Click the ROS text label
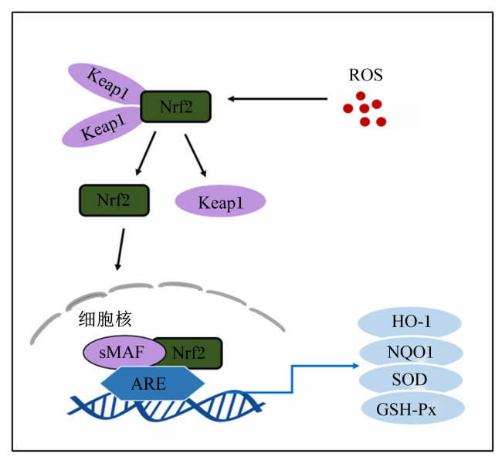[x=365, y=75]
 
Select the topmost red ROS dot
[x=361, y=96]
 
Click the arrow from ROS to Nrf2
[x=277, y=99]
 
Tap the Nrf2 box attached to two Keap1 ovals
[x=176, y=107]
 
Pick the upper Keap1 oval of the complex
[x=106, y=84]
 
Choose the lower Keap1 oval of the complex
[x=103, y=128]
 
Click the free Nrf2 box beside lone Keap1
[x=114, y=200]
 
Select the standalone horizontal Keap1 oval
[x=220, y=201]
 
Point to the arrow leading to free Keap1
[x=195, y=155]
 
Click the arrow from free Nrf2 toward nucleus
[x=120, y=249]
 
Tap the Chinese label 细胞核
[x=105, y=319]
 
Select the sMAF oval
[x=124, y=352]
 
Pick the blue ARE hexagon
[x=153, y=383]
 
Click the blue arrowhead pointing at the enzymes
[x=356, y=366]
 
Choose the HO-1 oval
[x=409, y=322]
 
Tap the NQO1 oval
[x=411, y=352]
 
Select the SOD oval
[x=410, y=380]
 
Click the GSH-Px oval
[x=412, y=408]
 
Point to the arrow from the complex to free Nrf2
[x=146, y=153]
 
